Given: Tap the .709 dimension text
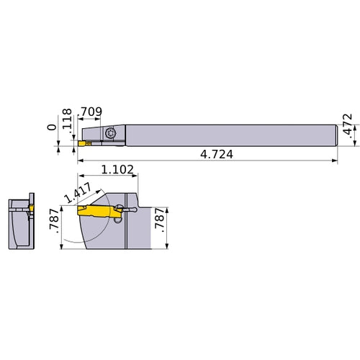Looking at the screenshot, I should click(x=90, y=112).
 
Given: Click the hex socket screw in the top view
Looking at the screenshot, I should click(x=110, y=133).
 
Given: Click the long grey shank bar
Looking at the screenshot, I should click(x=230, y=135).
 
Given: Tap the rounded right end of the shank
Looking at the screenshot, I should click(x=335, y=135).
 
